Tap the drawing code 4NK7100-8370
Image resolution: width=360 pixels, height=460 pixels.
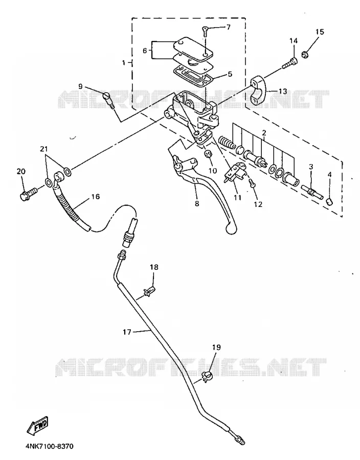click(49, 447)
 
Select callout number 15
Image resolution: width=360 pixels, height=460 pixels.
click(320, 32)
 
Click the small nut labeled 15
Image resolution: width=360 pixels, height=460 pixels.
click(305, 54)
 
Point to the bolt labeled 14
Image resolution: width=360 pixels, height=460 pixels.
click(290, 63)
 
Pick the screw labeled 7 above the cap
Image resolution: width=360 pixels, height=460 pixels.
click(205, 31)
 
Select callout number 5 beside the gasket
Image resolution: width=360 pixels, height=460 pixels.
click(230, 74)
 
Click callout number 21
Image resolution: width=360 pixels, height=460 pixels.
click(43, 149)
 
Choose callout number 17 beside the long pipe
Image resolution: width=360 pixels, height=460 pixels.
click(127, 332)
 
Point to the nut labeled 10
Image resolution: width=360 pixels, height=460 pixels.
click(208, 153)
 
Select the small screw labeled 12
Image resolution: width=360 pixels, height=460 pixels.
click(252, 183)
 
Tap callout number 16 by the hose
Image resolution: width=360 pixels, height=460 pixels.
click(96, 196)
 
